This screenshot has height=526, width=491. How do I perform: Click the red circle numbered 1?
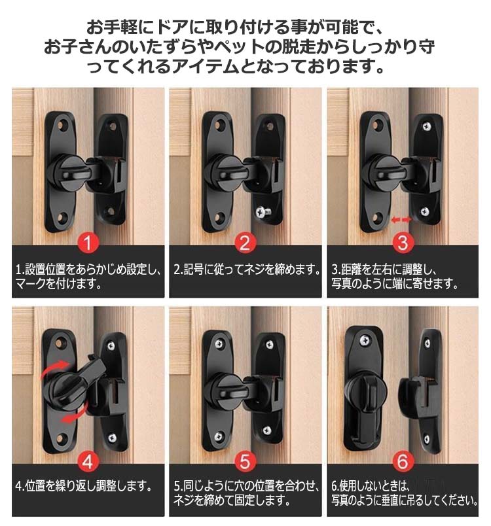88,243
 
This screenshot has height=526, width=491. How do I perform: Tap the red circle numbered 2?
245,243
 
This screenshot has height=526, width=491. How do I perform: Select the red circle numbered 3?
403,243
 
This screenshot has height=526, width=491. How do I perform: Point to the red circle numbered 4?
88,462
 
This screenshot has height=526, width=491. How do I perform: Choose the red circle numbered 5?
245,462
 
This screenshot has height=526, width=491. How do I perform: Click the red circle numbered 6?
403,462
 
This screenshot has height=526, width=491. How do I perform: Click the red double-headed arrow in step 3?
401,220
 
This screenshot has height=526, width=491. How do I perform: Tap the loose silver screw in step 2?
263,211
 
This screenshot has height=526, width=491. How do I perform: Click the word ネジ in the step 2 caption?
255,270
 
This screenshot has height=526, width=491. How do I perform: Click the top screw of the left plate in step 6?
365,341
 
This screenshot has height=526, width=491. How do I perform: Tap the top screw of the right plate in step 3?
427,126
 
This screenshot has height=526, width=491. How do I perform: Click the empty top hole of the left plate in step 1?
62,126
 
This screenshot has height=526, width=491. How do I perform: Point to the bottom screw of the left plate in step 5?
219,436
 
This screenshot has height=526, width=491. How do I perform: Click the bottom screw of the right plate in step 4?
112,438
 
